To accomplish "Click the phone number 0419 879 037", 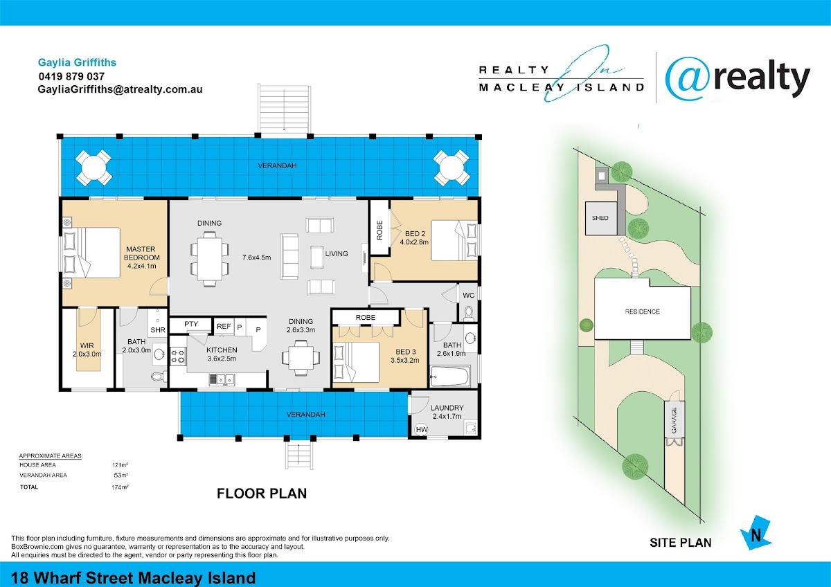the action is (71, 76).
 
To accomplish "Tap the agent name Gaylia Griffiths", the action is (77, 62).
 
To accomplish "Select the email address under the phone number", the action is (120, 89).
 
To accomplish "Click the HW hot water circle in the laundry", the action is (422, 429).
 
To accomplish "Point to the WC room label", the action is (469, 295).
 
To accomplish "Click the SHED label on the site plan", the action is (600, 218).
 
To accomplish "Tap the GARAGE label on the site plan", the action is (674, 420).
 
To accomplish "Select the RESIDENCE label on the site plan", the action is (642, 311).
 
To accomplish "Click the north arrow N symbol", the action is (756, 533).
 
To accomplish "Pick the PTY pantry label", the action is (191, 324).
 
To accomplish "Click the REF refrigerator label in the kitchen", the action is (224, 326).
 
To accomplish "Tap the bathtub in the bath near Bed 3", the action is (449, 377).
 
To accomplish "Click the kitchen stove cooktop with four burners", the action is (178, 355).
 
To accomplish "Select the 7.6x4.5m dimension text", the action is (257, 258).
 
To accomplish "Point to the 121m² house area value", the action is (120, 464).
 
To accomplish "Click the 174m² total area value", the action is (120, 487).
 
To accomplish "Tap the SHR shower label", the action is (158, 330).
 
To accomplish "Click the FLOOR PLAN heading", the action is (262, 494).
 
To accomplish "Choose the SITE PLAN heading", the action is (680, 543).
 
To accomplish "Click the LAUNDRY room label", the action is (447, 408).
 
